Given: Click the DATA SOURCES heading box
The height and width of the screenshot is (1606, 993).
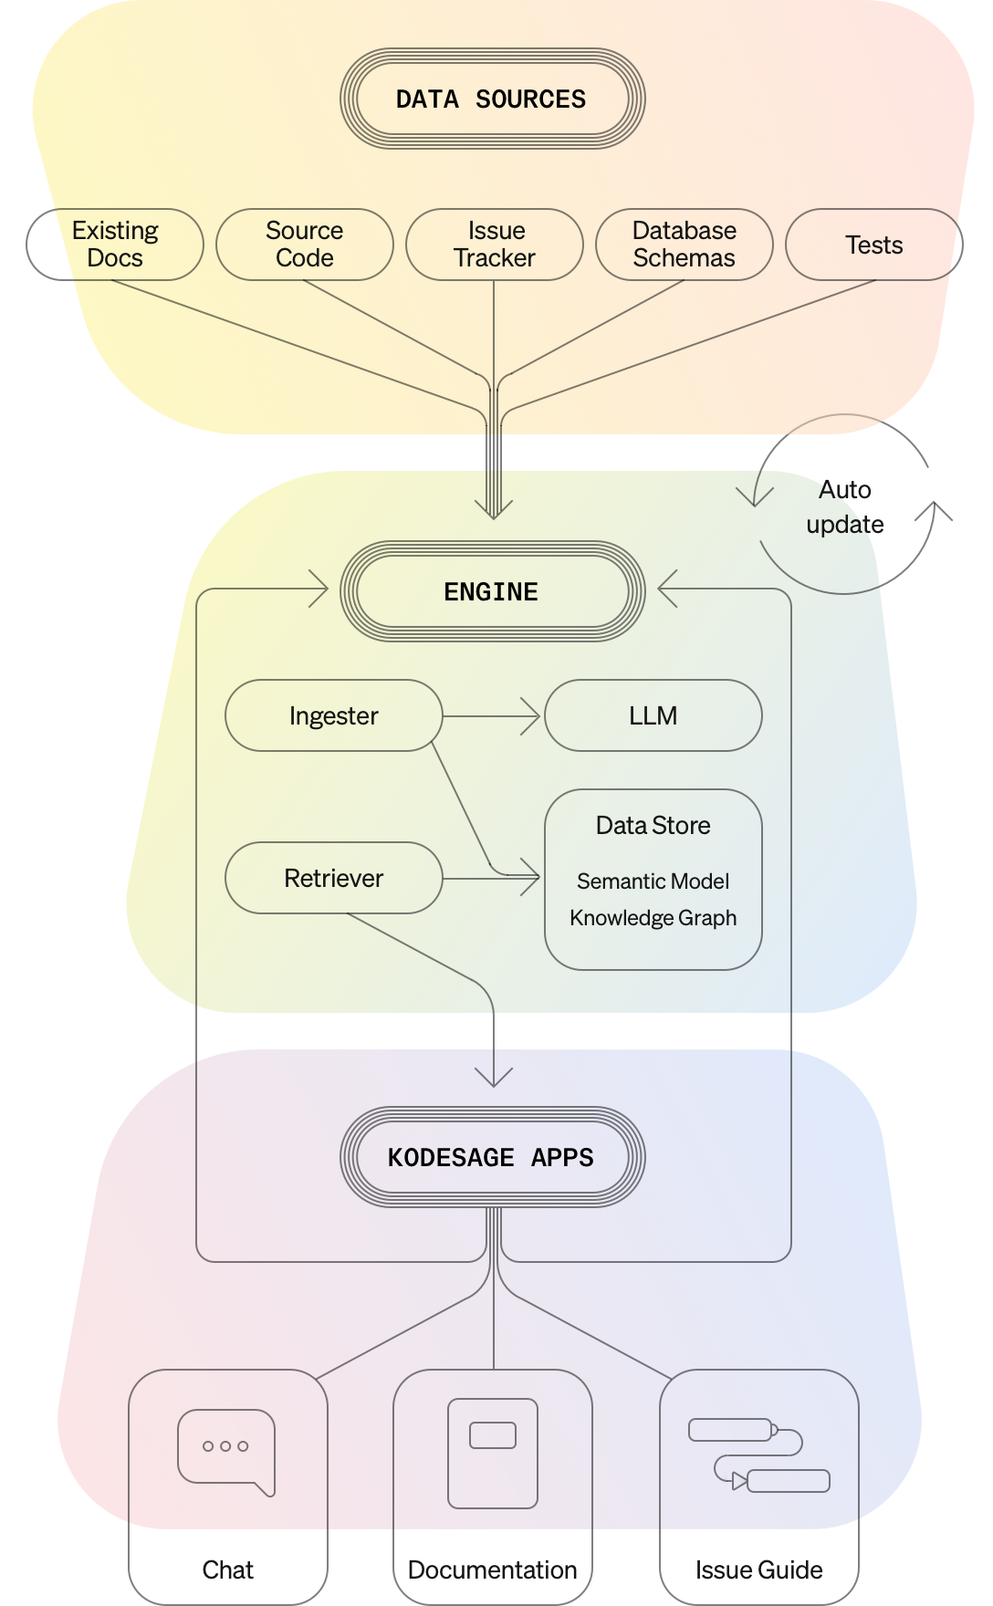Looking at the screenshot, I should tap(492, 99).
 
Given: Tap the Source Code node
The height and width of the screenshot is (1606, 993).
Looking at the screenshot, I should tap(305, 245).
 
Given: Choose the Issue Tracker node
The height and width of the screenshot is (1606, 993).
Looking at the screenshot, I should tap(495, 245).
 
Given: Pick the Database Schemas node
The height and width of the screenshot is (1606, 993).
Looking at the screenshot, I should tap(685, 245).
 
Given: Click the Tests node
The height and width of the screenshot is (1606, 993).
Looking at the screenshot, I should tap(873, 245).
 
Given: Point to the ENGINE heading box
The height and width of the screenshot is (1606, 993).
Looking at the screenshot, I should tap(492, 591).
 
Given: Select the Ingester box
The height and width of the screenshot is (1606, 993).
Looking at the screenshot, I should tap(334, 715).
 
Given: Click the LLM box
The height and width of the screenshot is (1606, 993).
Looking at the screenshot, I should tap(653, 715).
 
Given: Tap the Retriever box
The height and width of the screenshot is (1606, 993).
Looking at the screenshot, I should tap(334, 878).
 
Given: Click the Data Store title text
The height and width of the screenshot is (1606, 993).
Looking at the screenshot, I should tap(653, 826).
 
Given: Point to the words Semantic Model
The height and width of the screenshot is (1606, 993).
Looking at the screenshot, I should tap(653, 881).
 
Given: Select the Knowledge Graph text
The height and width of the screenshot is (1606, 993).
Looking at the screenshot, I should tap(653, 918).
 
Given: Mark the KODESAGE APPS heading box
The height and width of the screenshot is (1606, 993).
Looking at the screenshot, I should tap(492, 1157).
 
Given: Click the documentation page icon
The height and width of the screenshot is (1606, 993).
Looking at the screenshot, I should tap(493, 1453).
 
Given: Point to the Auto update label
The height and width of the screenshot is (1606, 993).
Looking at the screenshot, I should tap(845, 507).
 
